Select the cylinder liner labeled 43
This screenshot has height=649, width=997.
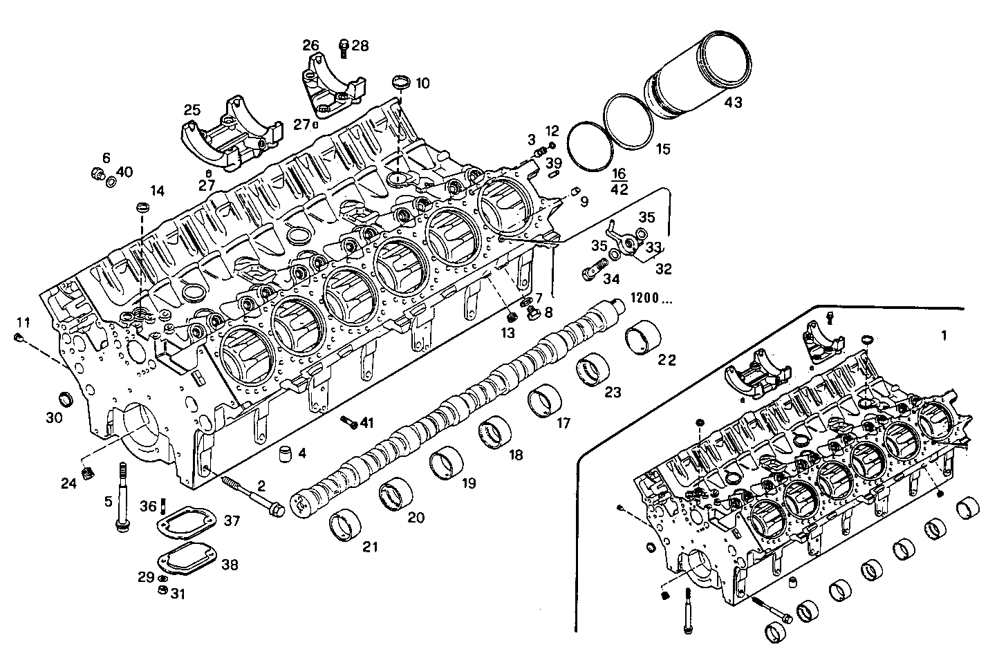pos(698,76)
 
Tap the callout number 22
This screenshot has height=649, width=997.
pos(667,359)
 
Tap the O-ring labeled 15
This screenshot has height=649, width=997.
pos(628,121)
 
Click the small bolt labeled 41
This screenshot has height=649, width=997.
pos(348,421)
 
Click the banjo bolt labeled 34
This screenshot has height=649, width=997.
pos(593,272)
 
